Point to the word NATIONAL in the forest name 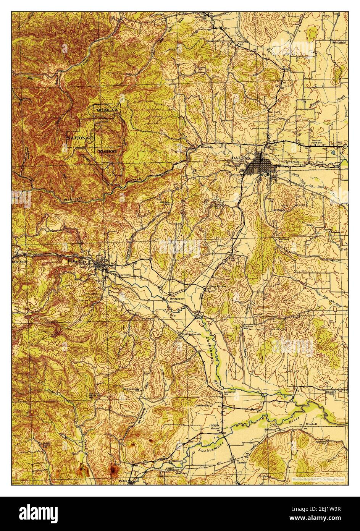coord(79,137)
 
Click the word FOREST coord(110,151)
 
